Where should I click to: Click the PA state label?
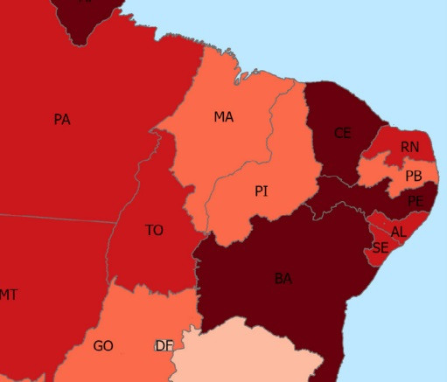click(61, 120)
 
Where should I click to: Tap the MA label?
click(223, 116)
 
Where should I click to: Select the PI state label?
click(261, 191)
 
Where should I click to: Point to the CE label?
click(342, 133)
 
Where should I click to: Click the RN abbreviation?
click(409, 147)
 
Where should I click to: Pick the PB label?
click(414, 177)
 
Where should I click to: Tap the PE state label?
click(416, 200)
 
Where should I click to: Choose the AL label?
click(399, 232)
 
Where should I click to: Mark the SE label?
click(380, 248)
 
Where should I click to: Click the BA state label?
click(283, 279)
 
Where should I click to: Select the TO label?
click(154, 231)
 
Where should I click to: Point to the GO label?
click(103, 346)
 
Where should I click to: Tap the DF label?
click(164, 345)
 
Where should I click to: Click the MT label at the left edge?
click(8, 295)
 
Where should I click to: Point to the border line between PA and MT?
click(52, 217)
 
